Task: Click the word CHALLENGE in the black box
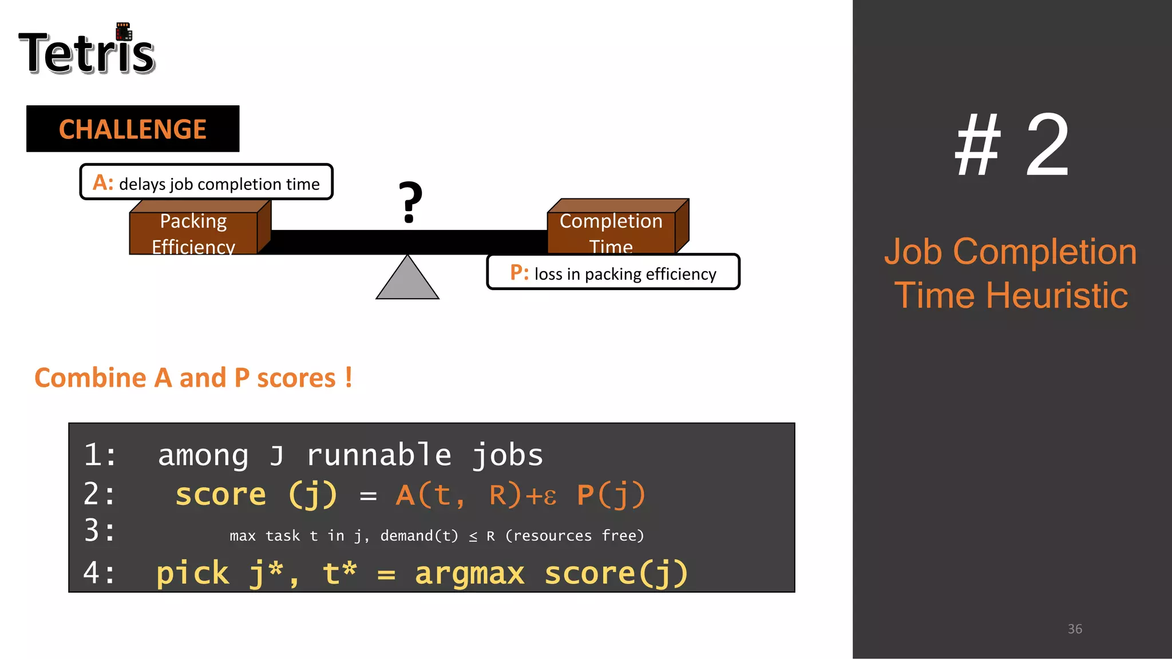click(133, 129)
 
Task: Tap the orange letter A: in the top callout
click(103, 183)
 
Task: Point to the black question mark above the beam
click(410, 203)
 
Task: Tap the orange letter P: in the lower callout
click(519, 273)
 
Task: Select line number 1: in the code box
click(101, 455)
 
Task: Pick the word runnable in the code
click(379, 455)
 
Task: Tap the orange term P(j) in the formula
click(611, 495)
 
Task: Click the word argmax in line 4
click(469, 573)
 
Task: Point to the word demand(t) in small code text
click(419, 536)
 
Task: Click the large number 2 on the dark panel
click(1047, 146)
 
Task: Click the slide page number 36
click(1075, 629)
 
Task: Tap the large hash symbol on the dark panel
click(978, 146)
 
